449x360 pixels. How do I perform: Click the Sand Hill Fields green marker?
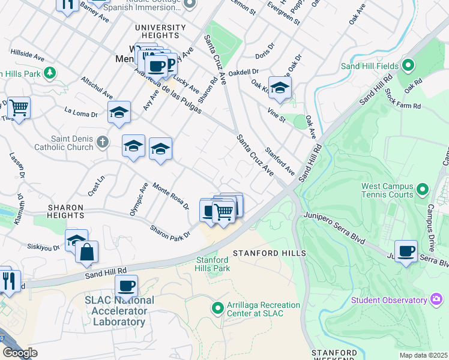coord(408,65)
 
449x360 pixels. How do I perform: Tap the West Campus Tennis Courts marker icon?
coord(423,190)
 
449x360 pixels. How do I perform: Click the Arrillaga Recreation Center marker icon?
coord(217,308)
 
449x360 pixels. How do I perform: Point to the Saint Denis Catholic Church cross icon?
coord(103,142)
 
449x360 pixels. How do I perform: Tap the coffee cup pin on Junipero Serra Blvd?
coord(406,251)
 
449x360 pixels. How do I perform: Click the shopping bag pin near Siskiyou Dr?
coord(87,252)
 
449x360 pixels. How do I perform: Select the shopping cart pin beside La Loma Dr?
coord(19,108)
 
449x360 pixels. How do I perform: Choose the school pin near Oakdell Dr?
coord(280,88)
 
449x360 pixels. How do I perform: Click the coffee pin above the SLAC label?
coord(126,286)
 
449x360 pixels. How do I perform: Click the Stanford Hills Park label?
coord(213,263)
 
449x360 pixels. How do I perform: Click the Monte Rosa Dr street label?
coord(170,195)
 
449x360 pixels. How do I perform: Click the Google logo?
coord(20,353)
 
